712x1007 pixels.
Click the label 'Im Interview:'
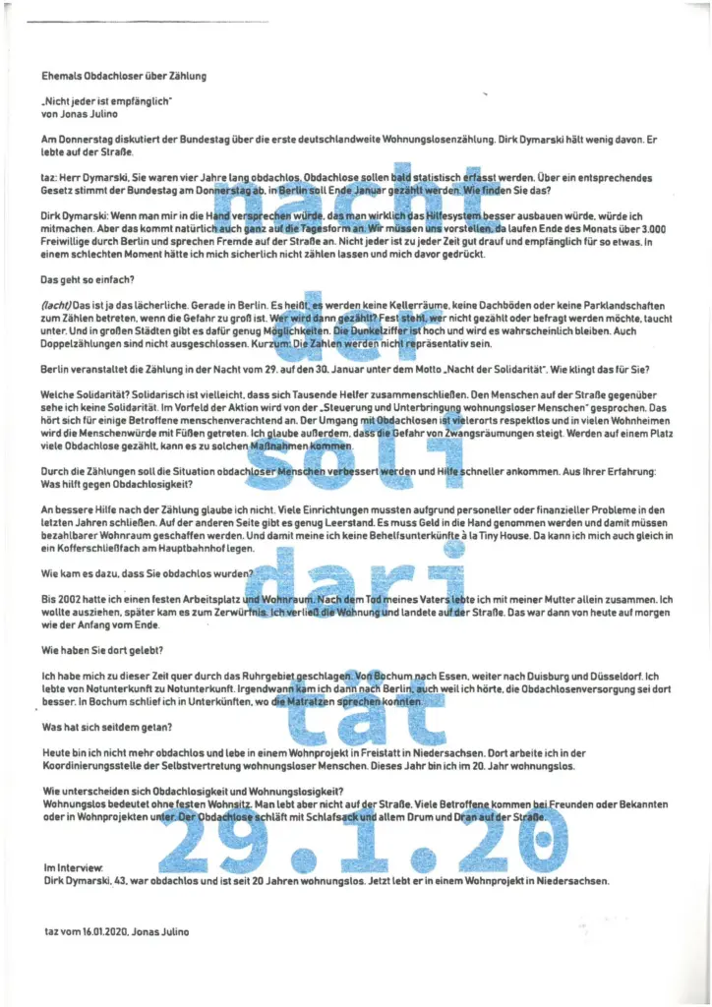73,868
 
